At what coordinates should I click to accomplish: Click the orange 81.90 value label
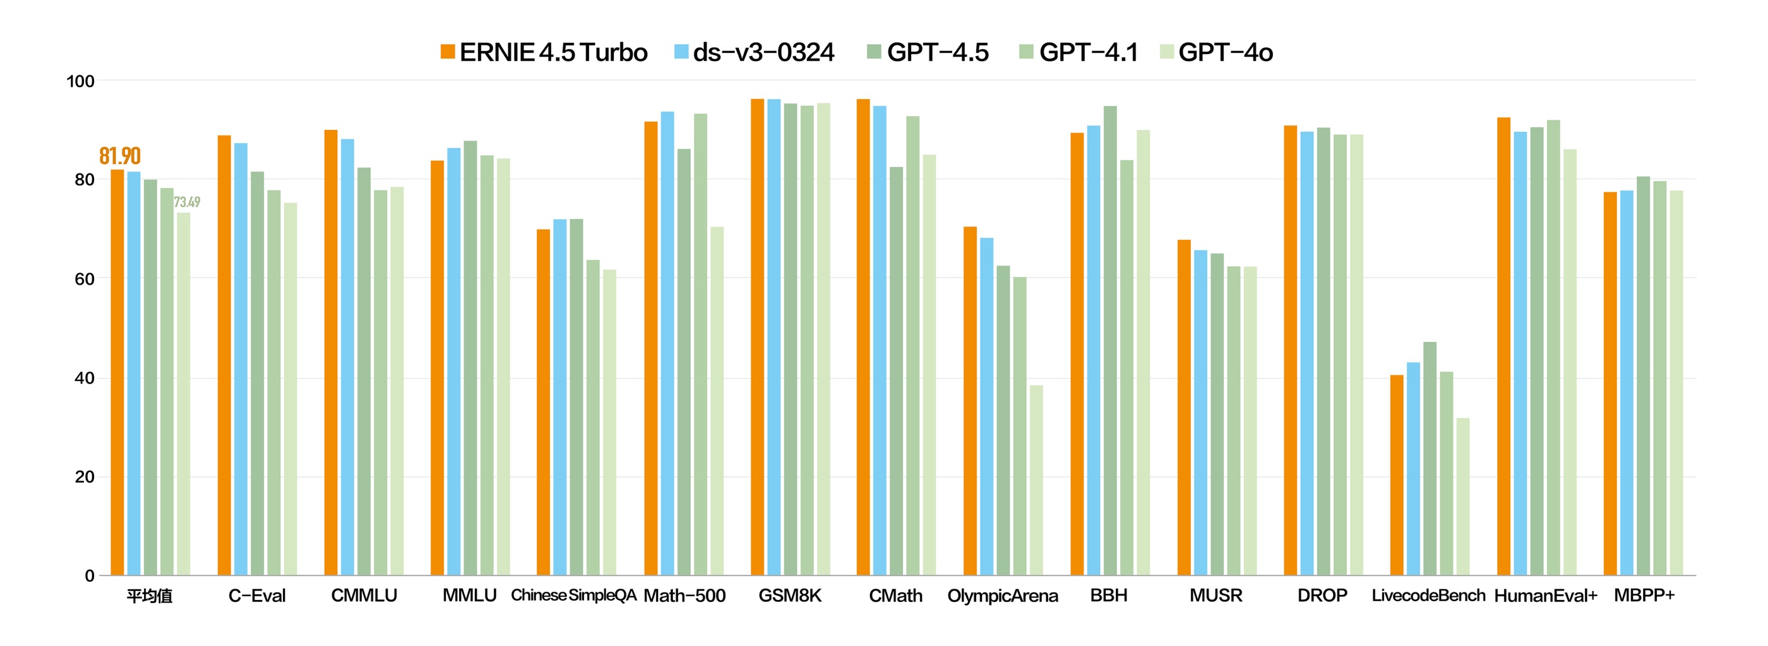(119, 156)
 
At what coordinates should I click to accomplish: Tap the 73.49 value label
(187, 202)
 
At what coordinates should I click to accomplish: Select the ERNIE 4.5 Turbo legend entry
(544, 52)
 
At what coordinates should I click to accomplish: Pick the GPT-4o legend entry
(1216, 52)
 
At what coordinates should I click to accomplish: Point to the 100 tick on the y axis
(80, 81)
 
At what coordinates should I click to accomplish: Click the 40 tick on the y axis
(85, 378)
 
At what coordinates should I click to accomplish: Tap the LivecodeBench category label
(1428, 596)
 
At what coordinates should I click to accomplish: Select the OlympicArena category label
(1002, 596)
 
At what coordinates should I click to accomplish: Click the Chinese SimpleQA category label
(574, 596)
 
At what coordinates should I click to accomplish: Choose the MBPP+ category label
(1644, 596)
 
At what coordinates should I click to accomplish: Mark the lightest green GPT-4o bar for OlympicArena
(1036, 480)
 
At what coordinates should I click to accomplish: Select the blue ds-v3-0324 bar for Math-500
(667, 343)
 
